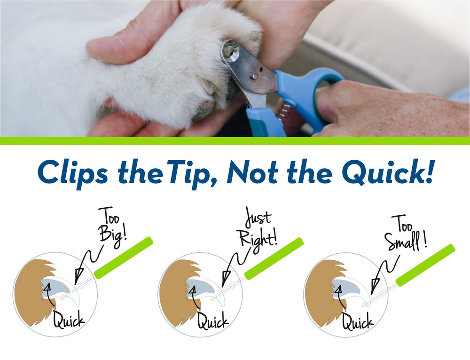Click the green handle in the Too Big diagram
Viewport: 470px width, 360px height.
124,258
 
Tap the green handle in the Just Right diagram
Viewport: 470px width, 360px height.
274,258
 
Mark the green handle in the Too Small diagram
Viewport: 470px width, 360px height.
425,265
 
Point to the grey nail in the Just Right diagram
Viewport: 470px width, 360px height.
201,286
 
